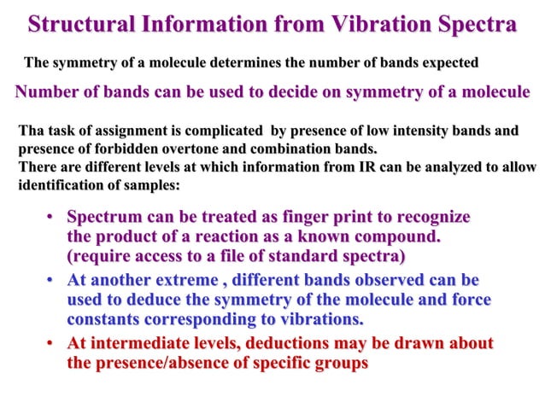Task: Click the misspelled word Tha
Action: tap(31, 131)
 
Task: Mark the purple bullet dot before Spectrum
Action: tap(52, 217)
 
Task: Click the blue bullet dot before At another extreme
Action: tap(52, 281)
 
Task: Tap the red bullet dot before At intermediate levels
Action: tap(52, 344)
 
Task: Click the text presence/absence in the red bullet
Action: tap(175, 363)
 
